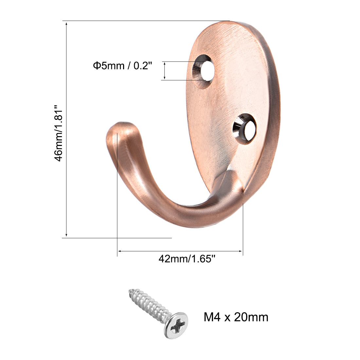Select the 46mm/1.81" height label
[59, 133]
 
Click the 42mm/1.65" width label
[187, 259]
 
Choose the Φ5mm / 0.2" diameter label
[122, 66]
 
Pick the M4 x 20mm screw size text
[236, 317]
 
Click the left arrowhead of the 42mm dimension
[119, 251]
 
